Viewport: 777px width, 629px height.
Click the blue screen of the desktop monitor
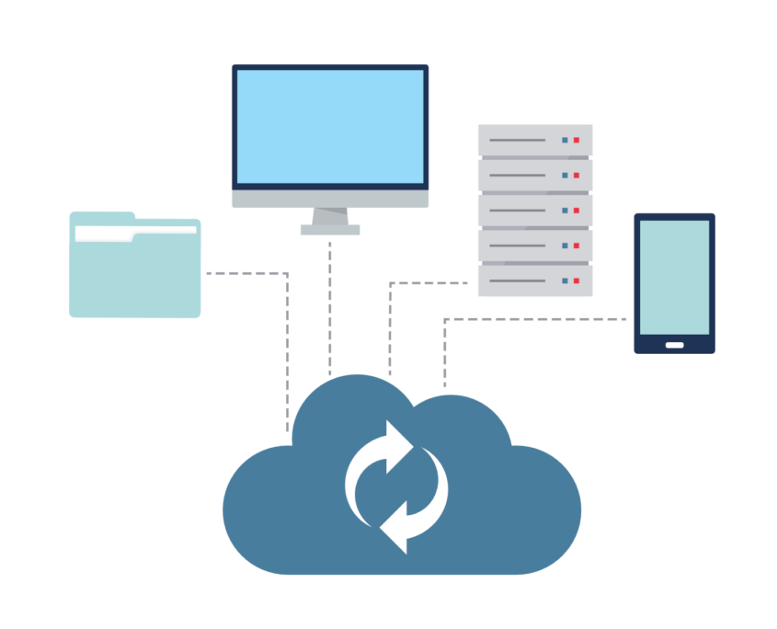330,126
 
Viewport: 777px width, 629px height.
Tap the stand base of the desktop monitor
330,229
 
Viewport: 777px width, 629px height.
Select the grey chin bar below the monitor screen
330,199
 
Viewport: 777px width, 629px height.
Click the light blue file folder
135,276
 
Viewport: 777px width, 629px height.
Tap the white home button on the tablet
674,345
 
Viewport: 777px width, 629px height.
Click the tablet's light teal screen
674,277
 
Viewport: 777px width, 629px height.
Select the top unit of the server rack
535,140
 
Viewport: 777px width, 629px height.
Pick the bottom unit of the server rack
535,280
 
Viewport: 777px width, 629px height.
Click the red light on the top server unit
577,140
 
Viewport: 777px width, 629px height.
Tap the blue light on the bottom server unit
565,280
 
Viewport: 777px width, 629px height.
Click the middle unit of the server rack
535,211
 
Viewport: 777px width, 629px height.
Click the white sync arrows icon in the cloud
396,486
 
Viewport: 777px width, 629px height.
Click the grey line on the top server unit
517,140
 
